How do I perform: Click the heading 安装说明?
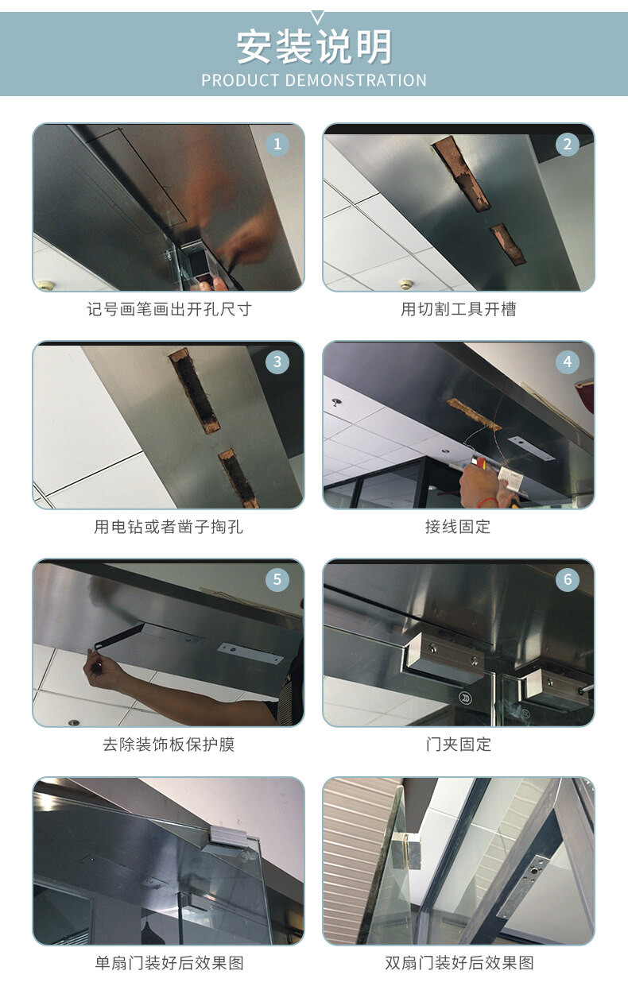pos(314,47)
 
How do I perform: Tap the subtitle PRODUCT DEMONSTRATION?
pos(314,80)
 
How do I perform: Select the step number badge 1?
pos(277,145)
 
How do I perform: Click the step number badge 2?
pos(568,145)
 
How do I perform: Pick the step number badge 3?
pos(277,362)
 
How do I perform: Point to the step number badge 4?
pos(568,362)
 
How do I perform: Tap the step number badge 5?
pos(277,579)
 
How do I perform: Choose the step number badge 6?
pos(568,579)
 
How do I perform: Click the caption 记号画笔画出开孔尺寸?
pos(169,309)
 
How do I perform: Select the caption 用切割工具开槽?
pos(459,309)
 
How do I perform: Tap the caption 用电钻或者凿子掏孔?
pos(169,527)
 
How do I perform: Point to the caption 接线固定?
pos(459,527)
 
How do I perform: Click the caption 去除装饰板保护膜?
pos(169,745)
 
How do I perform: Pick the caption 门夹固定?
pos(459,745)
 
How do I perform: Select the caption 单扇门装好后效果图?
pos(169,962)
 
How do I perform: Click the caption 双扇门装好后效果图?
pos(459,962)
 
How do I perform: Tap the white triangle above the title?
pos(317,17)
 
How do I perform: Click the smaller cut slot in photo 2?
pos(508,244)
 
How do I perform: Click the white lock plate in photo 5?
pos(250,653)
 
